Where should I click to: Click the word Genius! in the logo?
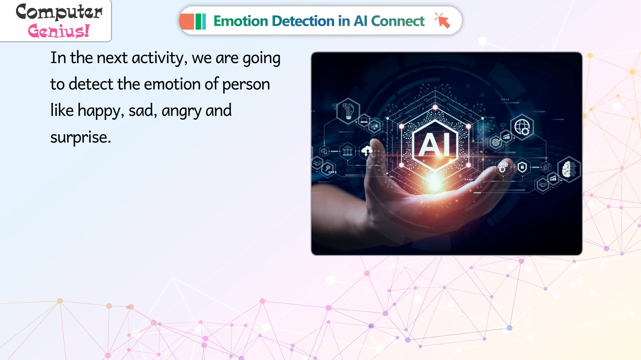tap(59, 31)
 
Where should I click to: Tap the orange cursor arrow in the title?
tap(443, 21)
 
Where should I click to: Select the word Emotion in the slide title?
tap(240, 21)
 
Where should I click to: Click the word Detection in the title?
tap(303, 21)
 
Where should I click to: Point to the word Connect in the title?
tap(398, 21)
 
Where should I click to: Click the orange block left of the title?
tap(187, 21)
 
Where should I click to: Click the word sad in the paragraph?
tap(141, 111)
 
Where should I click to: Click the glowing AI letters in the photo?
tap(435, 145)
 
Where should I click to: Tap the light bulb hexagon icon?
tap(348, 111)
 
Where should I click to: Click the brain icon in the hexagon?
tap(569, 170)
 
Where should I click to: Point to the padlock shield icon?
tap(522, 167)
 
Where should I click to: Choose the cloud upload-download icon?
tap(367, 151)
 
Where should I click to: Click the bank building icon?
tap(347, 151)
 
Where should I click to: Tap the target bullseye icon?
tap(496, 143)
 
